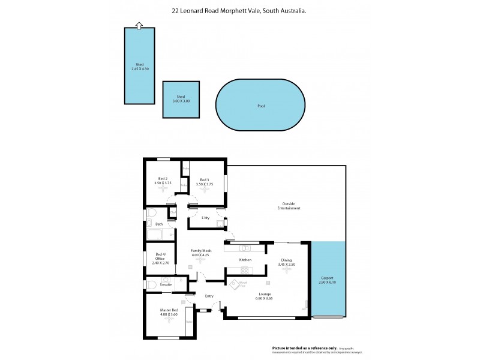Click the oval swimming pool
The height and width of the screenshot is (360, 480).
[x=260, y=106]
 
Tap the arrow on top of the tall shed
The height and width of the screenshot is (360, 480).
[x=139, y=25]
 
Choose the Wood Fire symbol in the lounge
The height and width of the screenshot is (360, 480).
[x=243, y=284]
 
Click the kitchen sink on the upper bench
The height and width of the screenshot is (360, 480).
[x=245, y=247]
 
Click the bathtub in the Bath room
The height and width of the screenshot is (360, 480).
[x=160, y=234]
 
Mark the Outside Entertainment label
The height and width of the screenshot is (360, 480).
[x=289, y=205]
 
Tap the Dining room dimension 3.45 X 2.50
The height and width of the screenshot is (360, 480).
[x=287, y=265]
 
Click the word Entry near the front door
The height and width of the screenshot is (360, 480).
[x=209, y=296]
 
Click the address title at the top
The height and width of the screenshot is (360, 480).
[x=239, y=10]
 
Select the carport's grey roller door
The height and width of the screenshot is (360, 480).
[x=328, y=317]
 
